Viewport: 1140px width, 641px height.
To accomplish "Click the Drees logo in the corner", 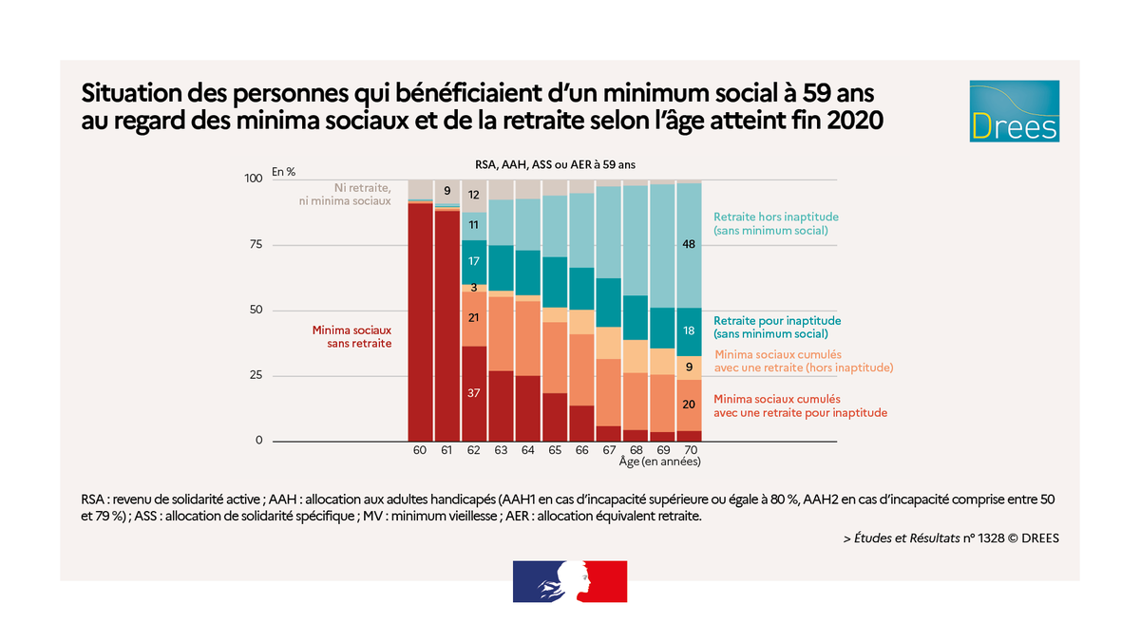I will [1014, 112].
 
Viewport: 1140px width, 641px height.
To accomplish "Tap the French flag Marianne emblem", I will [570, 581].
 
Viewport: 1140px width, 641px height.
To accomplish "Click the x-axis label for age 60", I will [420, 449].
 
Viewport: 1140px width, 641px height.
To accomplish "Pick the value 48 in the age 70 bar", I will [688, 244].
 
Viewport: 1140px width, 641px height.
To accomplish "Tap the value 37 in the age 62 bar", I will [473, 392].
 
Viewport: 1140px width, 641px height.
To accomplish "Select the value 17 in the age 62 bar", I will [473, 261].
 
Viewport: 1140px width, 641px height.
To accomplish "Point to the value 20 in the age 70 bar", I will [688, 405].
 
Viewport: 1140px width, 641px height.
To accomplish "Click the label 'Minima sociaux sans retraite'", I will [351, 337].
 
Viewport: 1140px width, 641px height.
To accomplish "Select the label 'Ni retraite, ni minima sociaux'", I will [347, 194].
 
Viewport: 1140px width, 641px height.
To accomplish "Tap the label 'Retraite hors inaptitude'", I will [775, 223].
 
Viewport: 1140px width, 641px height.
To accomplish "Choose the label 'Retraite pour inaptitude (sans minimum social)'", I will [777, 327].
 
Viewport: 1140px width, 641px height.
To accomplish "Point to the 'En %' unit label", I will [283, 172].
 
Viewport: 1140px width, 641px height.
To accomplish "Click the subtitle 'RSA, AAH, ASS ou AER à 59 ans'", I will [555, 164].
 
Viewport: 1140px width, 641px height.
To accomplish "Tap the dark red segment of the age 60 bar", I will [420, 323].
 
